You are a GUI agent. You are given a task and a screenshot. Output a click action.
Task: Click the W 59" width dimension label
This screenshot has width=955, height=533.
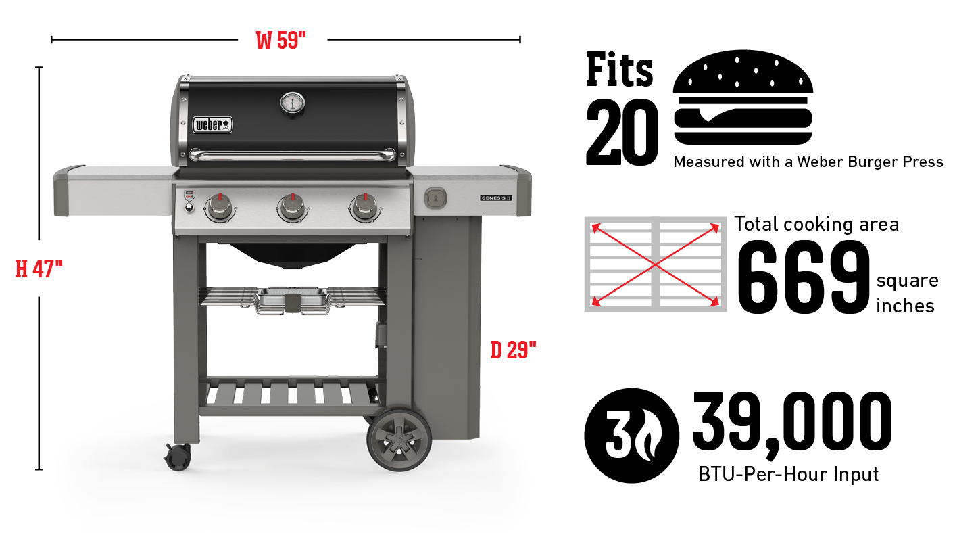click(282, 40)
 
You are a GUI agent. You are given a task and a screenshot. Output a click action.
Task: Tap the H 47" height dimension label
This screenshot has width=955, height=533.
click(39, 269)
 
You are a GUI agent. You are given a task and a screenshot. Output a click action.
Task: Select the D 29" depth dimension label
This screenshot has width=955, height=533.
click(513, 350)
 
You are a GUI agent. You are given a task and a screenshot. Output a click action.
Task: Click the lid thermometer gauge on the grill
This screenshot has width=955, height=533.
click(292, 103)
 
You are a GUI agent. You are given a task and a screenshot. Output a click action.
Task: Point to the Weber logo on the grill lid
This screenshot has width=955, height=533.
click(213, 124)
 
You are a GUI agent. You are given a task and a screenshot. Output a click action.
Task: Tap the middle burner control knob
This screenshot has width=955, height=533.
click(292, 207)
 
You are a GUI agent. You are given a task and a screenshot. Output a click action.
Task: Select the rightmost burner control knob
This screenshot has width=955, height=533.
click(365, 207)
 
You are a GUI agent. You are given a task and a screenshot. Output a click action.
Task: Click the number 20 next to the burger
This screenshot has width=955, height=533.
click(621, 133)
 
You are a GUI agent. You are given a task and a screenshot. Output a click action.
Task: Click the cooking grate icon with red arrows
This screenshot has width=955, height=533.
click(655, 264)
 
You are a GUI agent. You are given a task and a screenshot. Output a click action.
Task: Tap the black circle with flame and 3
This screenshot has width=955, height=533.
click(631, 435)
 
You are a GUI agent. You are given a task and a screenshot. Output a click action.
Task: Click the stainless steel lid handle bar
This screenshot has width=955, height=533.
click(292, 156)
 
